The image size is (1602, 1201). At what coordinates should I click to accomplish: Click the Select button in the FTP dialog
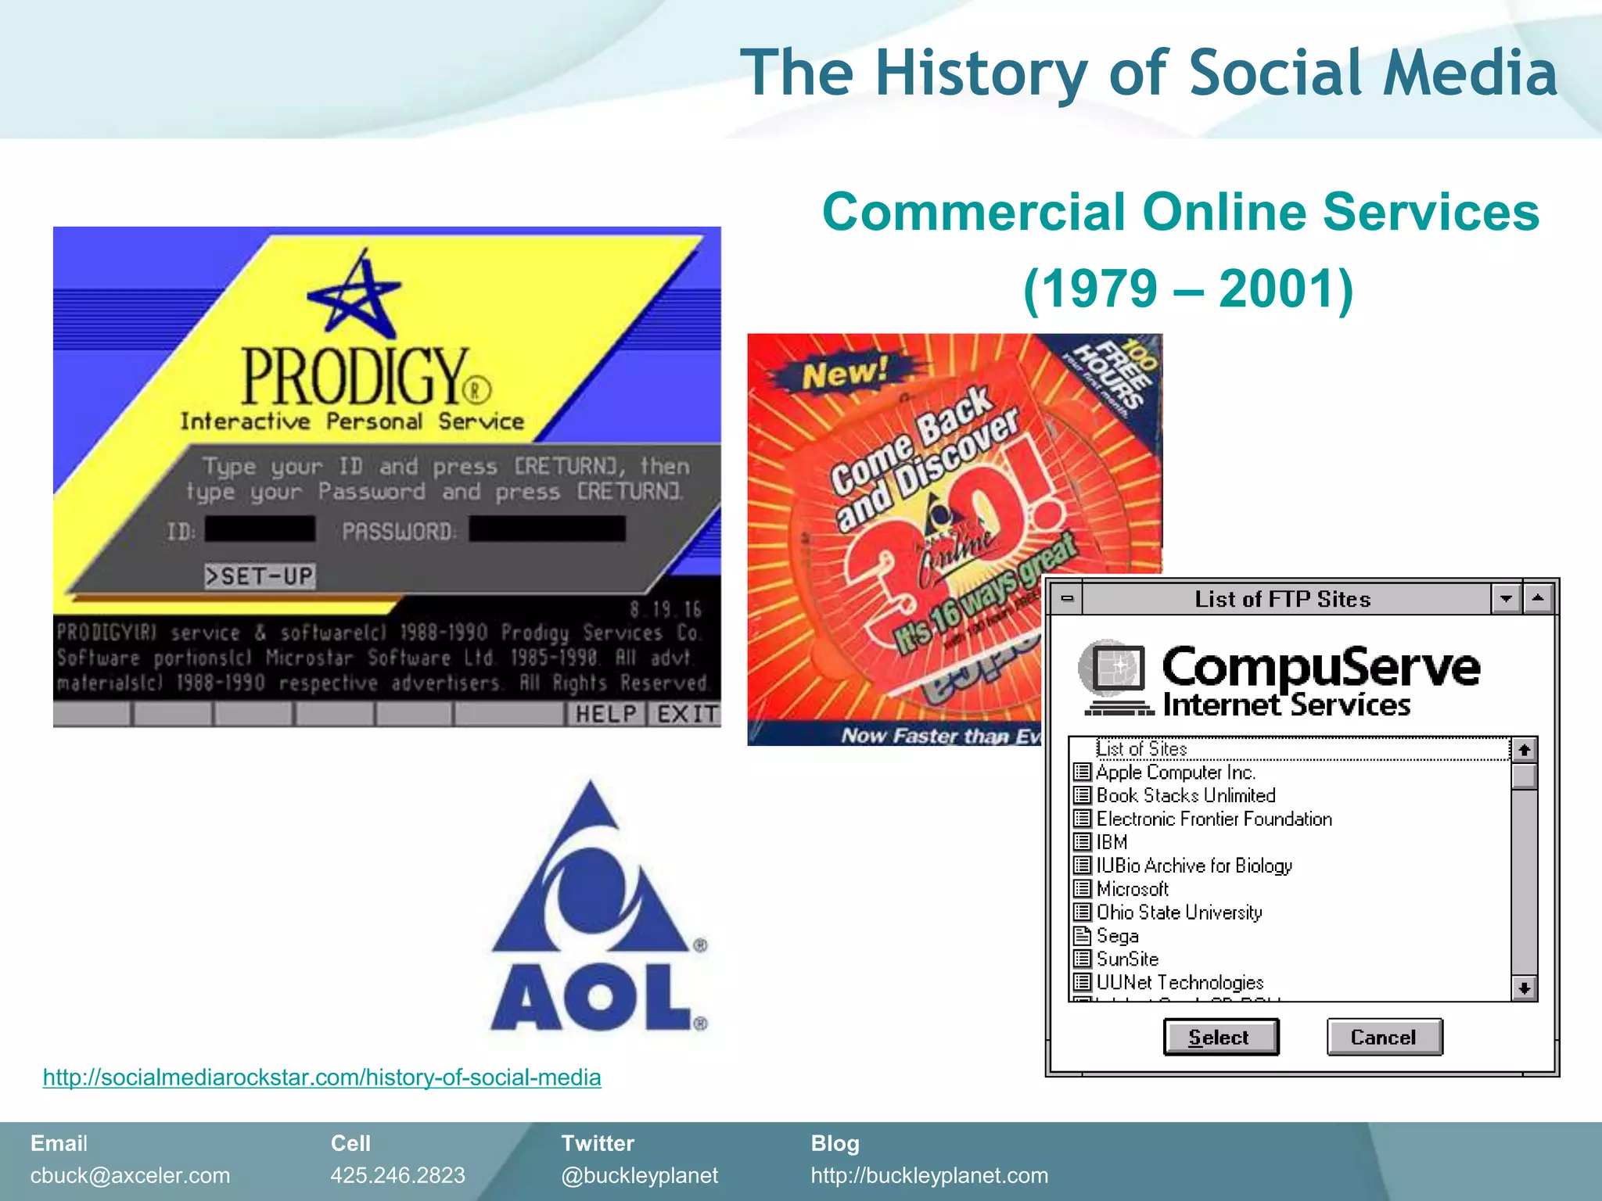(1220, 1037)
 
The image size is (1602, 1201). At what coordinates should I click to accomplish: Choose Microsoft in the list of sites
(1132, 889)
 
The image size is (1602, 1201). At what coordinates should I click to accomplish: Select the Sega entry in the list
(1117, 936)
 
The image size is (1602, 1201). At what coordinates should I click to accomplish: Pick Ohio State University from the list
(1179, 912)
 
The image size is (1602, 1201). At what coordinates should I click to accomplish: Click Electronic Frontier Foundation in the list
(1213, 819)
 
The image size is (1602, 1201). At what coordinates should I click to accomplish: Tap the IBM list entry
(1112, 842)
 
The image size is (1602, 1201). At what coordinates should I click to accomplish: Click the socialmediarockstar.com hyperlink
(321, 1077)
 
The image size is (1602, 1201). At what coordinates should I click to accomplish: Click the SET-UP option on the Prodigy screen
(260, 576)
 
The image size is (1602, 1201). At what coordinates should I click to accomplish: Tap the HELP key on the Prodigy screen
(605, 714)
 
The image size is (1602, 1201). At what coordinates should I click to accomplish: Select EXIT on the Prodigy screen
(686, 714)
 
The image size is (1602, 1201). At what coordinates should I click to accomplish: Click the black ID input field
(260, 529)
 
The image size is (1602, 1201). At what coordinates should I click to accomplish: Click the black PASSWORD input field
(547, 529)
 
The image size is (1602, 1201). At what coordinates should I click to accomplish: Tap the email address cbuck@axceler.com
(130, 1175)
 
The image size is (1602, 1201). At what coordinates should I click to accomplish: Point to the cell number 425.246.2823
(397, 1175)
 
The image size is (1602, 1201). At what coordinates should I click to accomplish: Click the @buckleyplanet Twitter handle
(639, 1175)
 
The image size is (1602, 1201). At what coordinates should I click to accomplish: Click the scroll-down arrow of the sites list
(1524, 988)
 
